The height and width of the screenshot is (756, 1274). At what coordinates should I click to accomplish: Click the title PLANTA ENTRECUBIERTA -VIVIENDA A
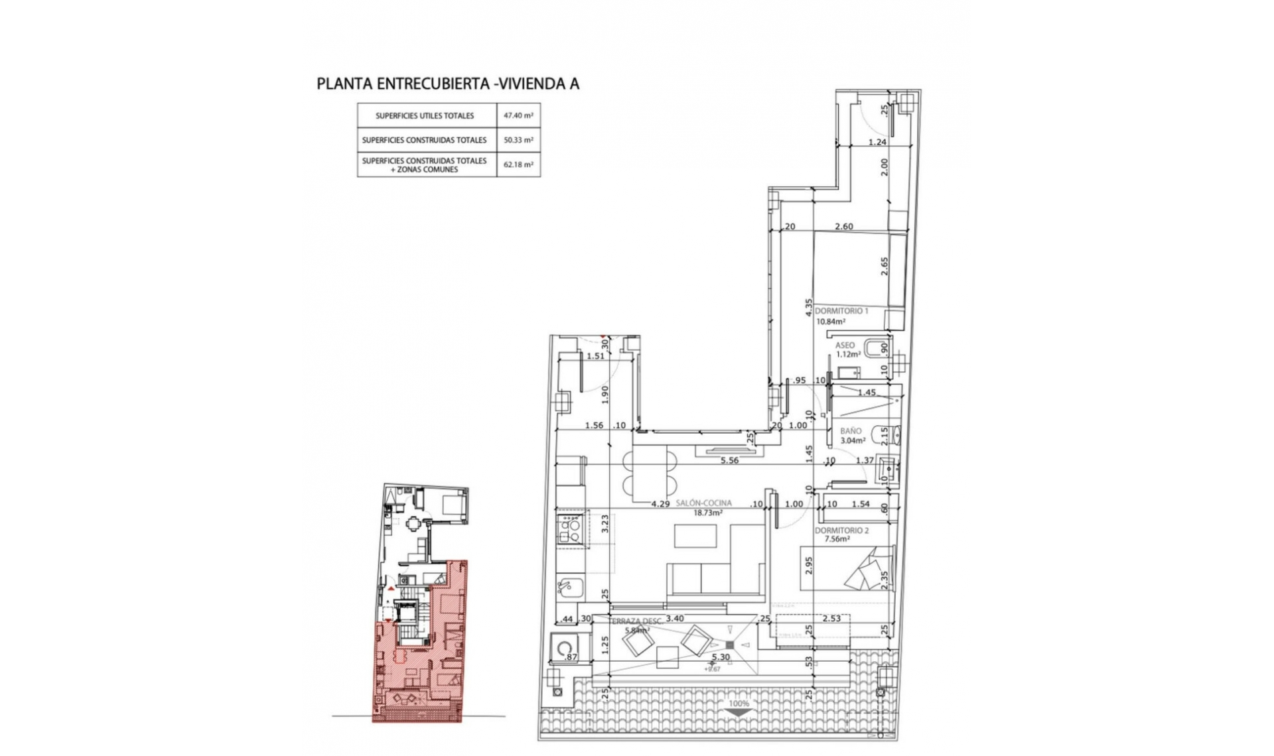click(448, 84)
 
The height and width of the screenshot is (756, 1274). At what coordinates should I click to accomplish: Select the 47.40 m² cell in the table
click(518, 115)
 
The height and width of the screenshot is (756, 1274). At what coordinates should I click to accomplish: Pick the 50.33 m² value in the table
click(518, 140)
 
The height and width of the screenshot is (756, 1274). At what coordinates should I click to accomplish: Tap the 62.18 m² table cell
click(518, 164)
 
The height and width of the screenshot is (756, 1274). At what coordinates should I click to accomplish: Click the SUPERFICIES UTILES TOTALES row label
click(425, 115)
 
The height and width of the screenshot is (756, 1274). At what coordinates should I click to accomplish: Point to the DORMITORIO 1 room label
click(841, 310)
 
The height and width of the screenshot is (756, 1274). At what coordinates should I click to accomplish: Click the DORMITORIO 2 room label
click(841, 531)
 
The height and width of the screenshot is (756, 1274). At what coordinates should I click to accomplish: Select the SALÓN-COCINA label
click(703, 503)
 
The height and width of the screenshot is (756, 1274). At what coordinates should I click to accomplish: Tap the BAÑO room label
click(851, 431)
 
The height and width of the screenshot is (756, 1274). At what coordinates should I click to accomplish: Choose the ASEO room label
click(845, 346)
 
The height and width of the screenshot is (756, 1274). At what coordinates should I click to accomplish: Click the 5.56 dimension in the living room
click(729, 460)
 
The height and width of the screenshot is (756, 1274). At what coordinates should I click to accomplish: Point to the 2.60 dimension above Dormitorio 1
click(844, 227)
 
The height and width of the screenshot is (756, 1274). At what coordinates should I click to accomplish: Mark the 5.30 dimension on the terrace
click(721, 657)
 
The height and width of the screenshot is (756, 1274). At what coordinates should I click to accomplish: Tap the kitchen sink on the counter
click(568, 587)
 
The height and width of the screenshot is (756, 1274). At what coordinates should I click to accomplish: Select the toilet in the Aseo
click(877, 348)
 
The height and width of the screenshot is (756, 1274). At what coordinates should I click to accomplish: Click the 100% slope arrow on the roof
click(739, 711)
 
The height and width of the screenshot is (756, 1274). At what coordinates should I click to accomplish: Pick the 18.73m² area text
click(708, 513)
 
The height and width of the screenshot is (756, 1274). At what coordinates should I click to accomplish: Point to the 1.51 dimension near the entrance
click(596, 356)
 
